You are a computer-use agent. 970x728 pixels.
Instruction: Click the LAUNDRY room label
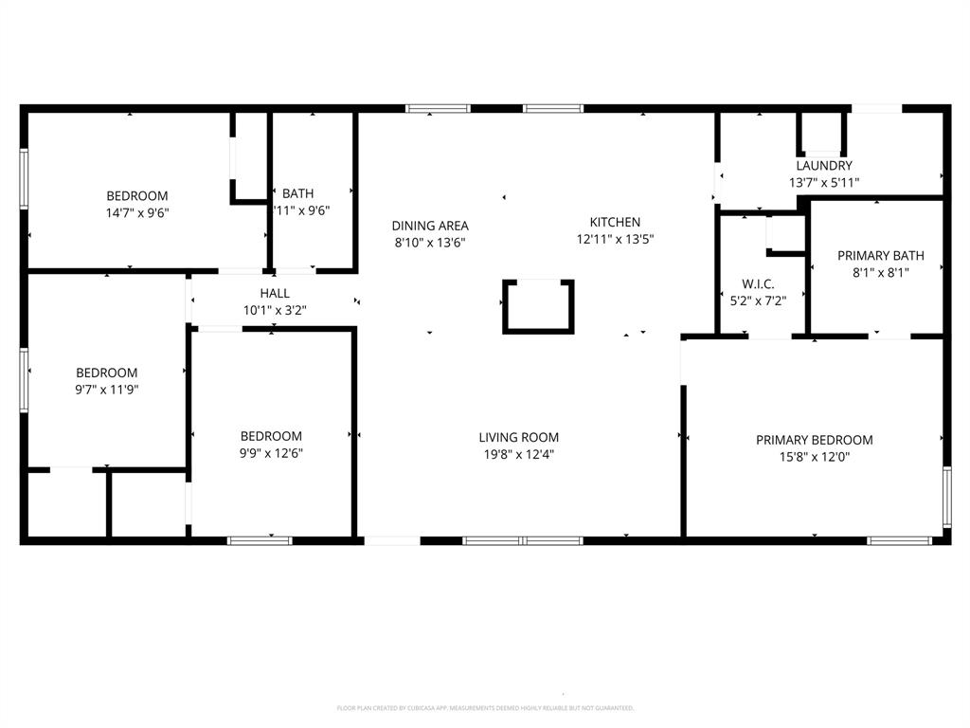click(823, 166)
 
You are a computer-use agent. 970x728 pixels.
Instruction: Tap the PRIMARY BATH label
click(880, 255)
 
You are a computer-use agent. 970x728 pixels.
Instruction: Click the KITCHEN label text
click(615, 223)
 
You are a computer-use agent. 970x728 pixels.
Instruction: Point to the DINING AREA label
click(430, 226)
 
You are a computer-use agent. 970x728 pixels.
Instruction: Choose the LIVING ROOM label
click(518, 437)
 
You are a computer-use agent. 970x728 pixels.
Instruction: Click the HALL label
click(275, 294)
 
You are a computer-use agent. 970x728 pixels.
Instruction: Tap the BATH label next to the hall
click(297, 194)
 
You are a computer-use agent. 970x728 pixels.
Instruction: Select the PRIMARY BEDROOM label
click(814, 440)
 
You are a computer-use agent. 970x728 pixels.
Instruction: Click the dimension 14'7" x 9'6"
click(137, 212)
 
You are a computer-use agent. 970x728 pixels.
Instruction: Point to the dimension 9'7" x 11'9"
click(107, 389)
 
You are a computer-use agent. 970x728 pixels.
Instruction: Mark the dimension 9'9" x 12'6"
click(271, 452)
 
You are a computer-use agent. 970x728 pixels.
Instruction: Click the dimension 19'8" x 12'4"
click(518, 454)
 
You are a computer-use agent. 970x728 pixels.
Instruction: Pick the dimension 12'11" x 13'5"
click(615, 239)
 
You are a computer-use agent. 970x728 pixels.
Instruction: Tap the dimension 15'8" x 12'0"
click(814, 456)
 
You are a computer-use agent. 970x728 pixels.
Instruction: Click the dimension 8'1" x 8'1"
click(880, 272)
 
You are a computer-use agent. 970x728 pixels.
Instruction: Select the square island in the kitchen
click(538, 306)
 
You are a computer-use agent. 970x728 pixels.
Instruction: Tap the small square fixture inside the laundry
click(822, 134)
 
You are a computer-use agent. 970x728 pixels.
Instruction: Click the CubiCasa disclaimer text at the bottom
click(485, 708)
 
